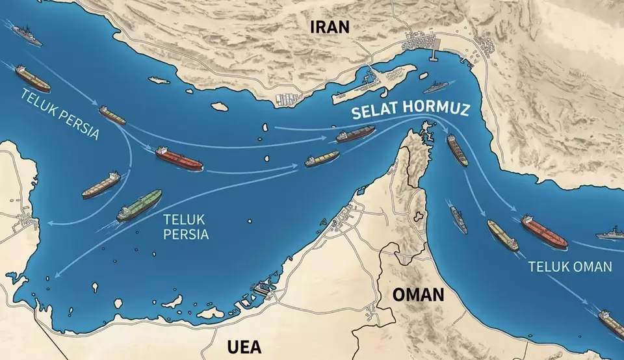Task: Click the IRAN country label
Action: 330,27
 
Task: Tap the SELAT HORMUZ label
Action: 409,110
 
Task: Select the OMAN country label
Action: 418,294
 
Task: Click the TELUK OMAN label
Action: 569,266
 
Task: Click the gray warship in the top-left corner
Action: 27,36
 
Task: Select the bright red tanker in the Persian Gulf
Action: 179,158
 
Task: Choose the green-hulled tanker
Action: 139,205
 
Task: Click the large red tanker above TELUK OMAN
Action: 543,231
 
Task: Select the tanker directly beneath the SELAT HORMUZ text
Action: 356,134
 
